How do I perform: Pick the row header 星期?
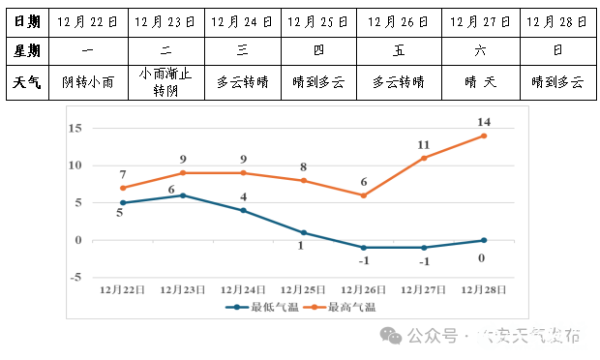[27, 49]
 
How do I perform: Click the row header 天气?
[27, 83]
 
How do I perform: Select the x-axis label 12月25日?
[303, 288]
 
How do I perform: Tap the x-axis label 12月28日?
[484, 288]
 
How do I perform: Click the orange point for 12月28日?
[484, 135]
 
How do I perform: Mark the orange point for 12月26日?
[364, 195]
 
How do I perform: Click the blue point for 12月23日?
[183, 195]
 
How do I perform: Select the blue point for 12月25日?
[303, 232]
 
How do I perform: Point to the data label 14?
[484, 122]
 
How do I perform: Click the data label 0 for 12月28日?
[481, 257]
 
